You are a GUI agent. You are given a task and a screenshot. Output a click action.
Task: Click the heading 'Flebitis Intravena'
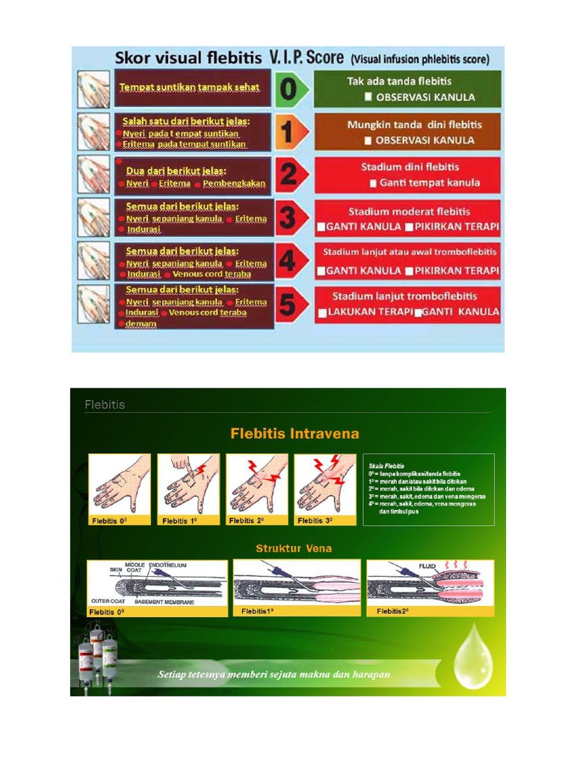294,434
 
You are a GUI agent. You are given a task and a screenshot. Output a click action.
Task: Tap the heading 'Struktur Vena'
294,548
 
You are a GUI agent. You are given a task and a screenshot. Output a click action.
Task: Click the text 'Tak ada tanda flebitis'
399,81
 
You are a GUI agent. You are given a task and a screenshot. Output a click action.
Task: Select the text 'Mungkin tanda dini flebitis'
414,124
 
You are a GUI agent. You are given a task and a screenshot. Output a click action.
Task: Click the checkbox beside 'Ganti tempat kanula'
372,183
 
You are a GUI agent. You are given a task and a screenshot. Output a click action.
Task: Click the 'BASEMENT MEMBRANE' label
164,601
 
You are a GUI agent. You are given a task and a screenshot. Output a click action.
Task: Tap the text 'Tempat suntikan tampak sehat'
189,88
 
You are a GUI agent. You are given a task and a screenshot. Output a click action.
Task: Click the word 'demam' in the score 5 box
141,323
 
